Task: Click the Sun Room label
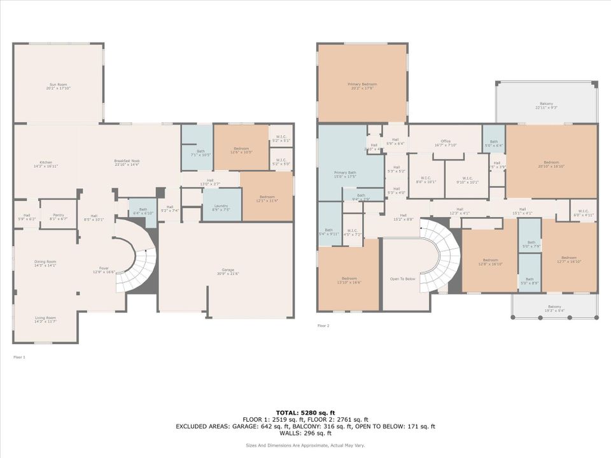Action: tap(58, 87)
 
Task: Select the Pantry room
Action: tap(58, 217)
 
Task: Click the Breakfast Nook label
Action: tap(127, 163)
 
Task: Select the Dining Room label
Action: tap(45, 263)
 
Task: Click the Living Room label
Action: tap(45, 319)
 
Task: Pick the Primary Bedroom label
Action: tap(362, 86)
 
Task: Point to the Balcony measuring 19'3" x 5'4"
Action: tap(555, 309)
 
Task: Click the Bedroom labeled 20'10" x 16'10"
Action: tap(551, 164)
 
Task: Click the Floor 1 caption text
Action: tap(19, 357)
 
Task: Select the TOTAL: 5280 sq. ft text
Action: tap(305, 412)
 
